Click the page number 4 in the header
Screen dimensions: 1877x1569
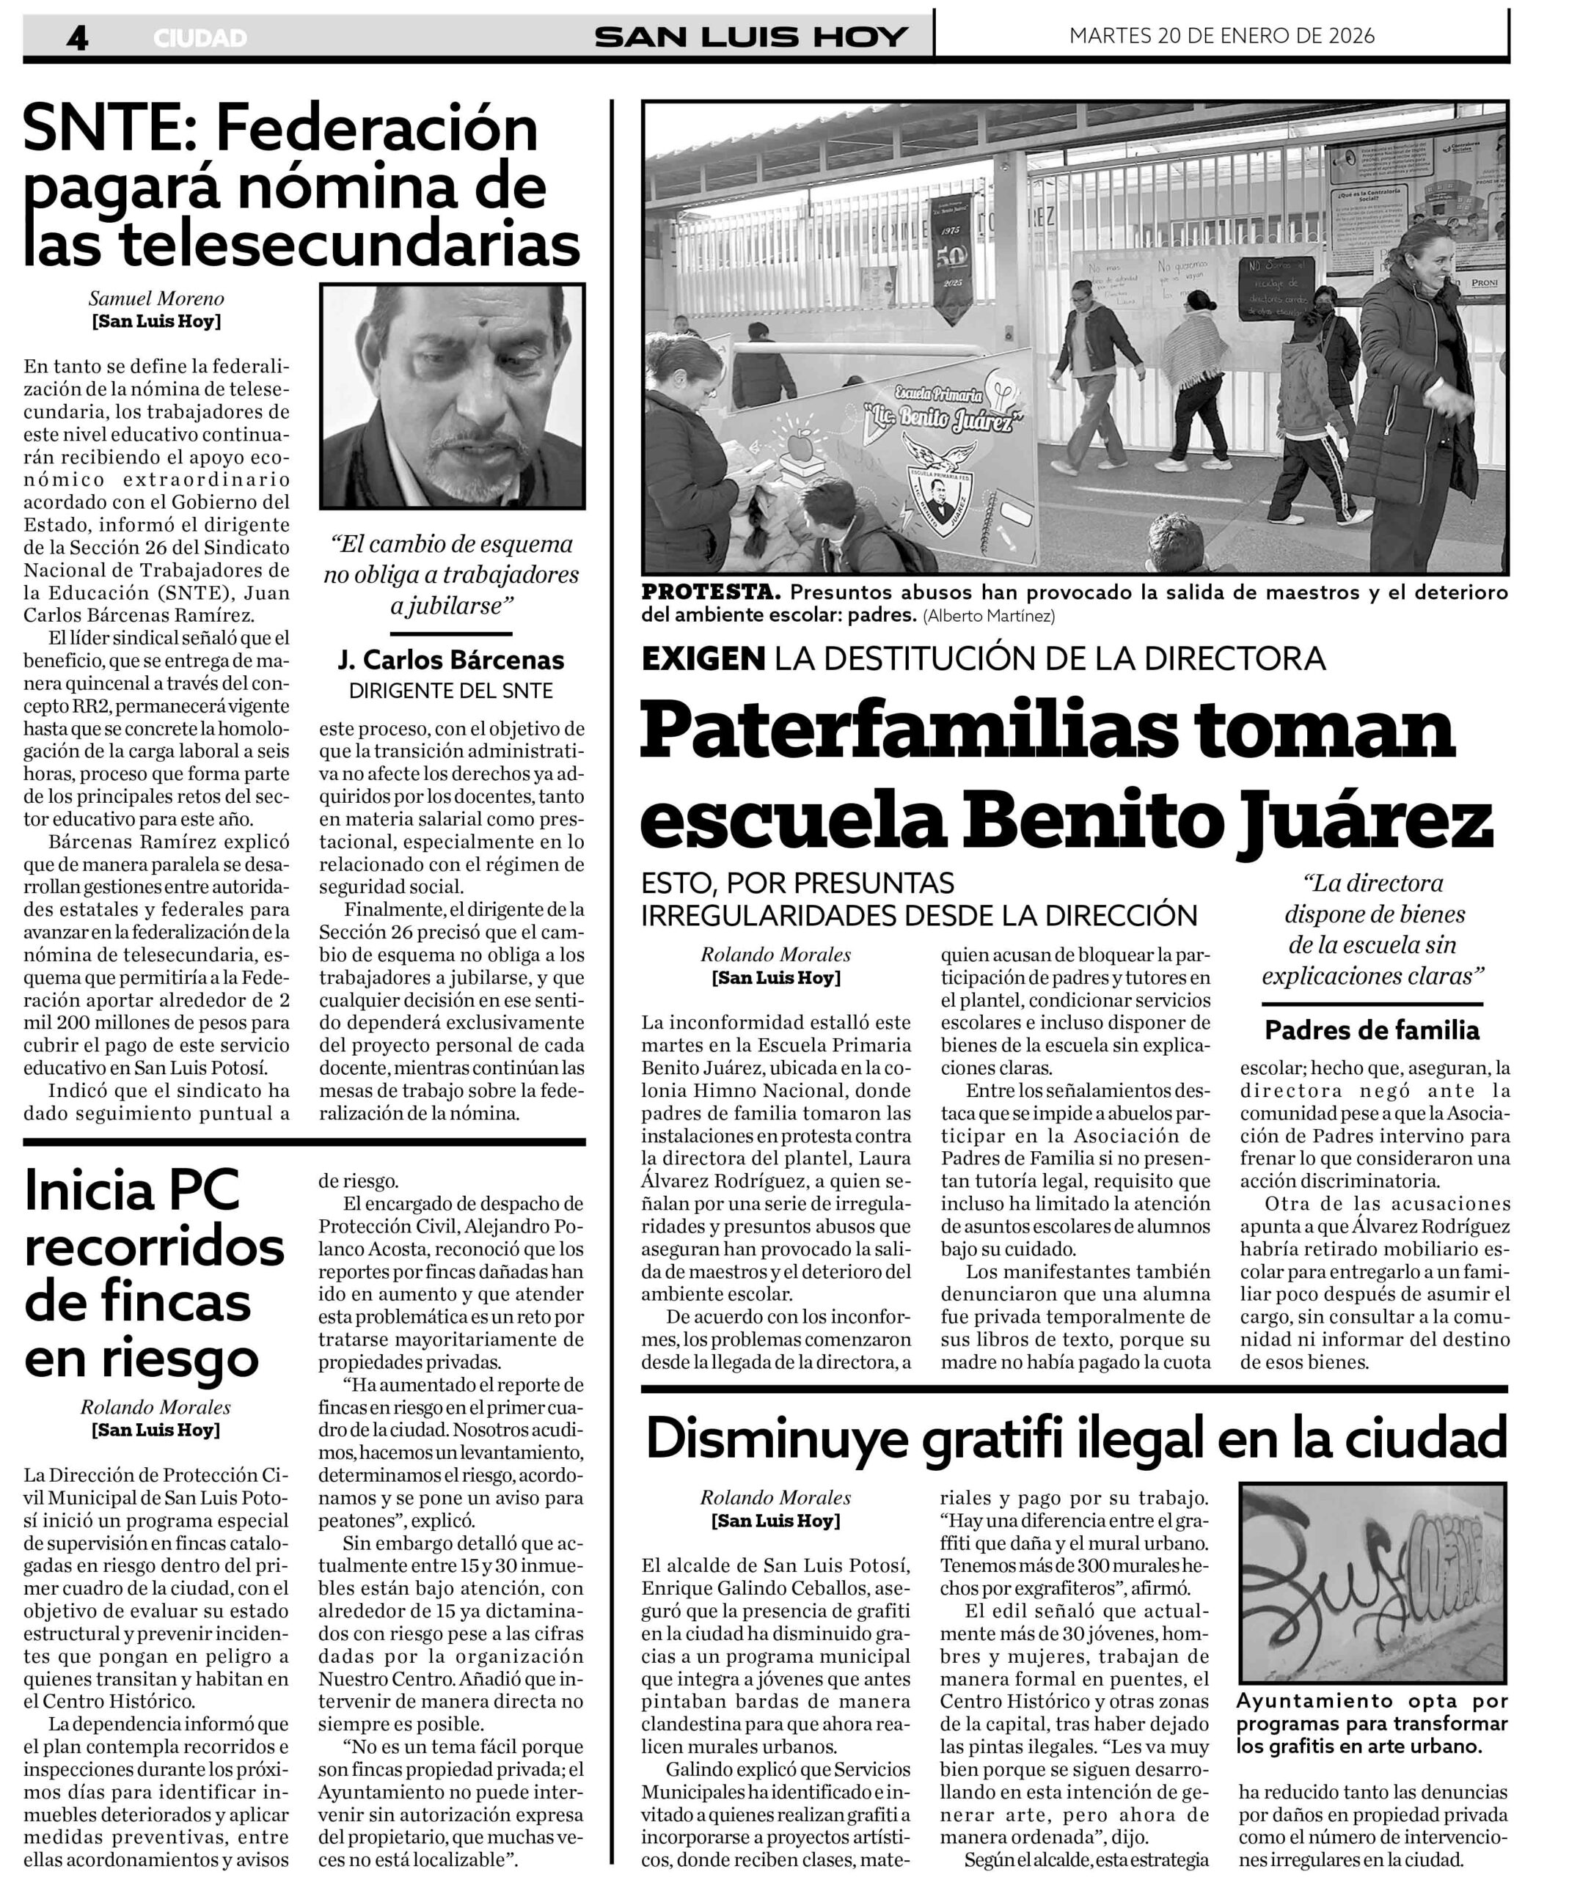tap(78, 37)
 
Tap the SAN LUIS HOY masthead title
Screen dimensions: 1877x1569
tap(751, 37)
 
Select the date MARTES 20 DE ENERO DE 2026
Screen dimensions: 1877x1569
tap(1221, 36)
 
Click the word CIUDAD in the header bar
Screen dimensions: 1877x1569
tap(200, 38)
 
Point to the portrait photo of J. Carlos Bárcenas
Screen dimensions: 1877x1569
tap(453, 396)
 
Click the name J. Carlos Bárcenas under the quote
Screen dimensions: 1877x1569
tap(451, 660)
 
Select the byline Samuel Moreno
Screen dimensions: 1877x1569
tap(156, 298)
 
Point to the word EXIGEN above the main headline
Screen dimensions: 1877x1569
tap(703, 658)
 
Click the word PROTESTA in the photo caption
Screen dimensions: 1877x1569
tap(711, 592)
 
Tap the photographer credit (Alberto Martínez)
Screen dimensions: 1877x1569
tap(990, 615)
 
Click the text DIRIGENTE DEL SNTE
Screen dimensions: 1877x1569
tap(451, 691)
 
